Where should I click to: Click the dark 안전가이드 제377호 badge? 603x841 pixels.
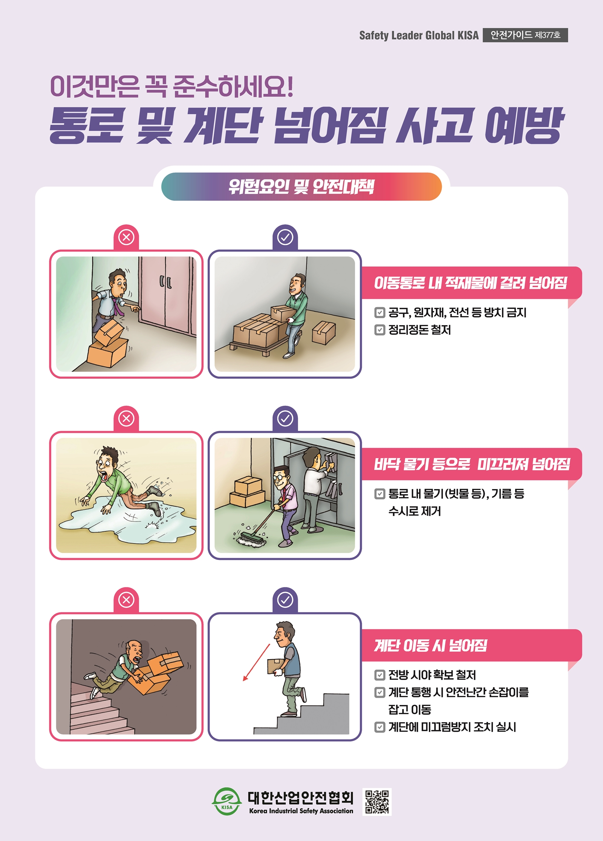pos(525,35)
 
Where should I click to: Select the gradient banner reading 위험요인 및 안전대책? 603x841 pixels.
pos(301,187)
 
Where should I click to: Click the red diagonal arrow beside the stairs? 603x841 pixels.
pos(256,662)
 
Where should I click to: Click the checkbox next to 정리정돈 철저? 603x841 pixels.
pos(380,330)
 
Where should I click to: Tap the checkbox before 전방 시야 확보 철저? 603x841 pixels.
pos(380,675)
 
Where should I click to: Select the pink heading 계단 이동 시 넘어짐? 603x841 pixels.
pos(431,646)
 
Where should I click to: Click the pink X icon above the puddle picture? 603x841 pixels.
pos(126,419)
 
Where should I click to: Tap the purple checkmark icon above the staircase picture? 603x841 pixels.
pos(285,599)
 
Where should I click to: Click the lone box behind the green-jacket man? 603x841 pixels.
pos(324,333)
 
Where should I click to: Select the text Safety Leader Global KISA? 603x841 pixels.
pos(419,35)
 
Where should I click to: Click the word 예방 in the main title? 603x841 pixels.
pos(524,126)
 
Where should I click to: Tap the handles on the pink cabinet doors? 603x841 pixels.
pos(165,281)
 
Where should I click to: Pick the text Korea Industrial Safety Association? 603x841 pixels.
pos(301,811)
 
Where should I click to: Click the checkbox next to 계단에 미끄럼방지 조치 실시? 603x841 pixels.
pos(380,727)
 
